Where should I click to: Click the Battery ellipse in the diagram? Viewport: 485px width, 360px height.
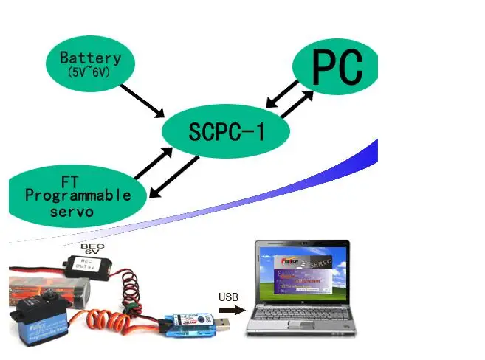91,63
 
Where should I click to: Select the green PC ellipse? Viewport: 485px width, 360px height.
337,68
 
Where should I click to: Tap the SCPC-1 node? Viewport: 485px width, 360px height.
226,131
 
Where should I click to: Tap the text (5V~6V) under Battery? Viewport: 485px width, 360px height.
91,73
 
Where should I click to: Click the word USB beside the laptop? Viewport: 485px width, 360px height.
228,297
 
